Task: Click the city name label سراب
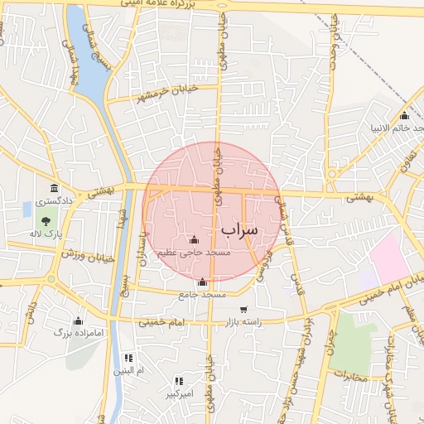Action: click(239, 227)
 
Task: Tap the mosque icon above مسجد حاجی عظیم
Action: click(195, 239)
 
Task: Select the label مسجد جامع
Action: click(202, 294)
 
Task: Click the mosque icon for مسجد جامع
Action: click(203, 282)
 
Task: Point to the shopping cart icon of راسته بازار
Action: click(243, 310)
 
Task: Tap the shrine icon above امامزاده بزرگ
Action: click(79, 320)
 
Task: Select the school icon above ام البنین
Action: click(128, 358)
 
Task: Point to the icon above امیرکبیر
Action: click(178, 381)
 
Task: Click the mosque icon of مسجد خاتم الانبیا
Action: click(404, 116)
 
